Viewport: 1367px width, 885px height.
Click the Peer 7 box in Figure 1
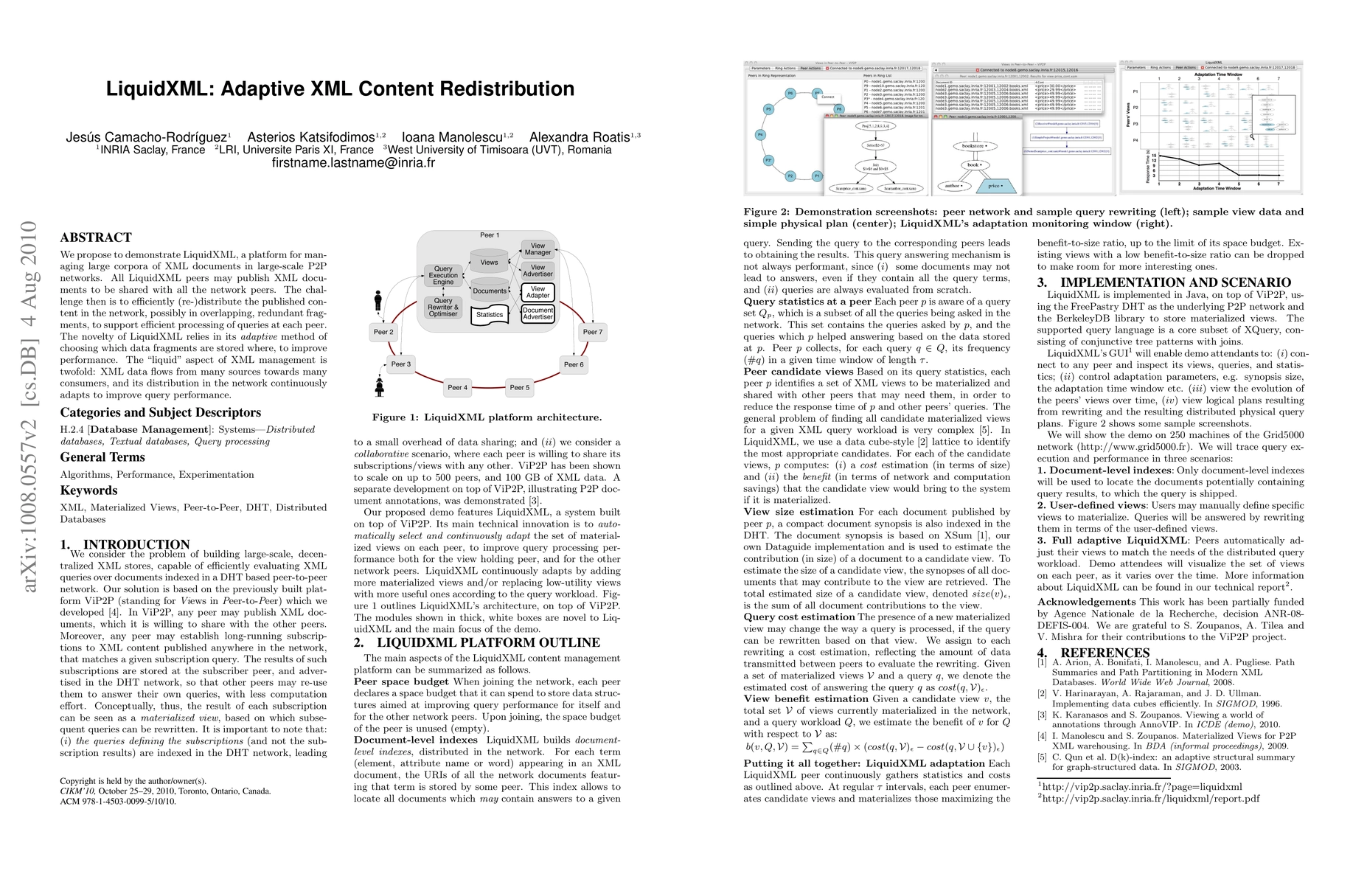pos(593,332)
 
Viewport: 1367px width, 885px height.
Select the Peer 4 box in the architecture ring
pos(457,387)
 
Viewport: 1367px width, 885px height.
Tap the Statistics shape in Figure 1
pos(490,315)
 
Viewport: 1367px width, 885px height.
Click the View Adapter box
pos(538,292)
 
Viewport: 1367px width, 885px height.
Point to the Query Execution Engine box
pos(443,275)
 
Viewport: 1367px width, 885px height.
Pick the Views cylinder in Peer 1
pos(489,262)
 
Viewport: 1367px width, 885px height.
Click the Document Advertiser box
pos(538,313)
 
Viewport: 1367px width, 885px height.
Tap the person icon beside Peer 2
pos(378,301)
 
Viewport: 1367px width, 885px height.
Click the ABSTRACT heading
pos(96,237)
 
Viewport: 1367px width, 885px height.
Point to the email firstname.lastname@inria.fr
pos(353,163)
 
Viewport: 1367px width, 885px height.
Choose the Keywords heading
pos(88,490)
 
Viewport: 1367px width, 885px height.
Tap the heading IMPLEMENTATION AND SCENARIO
pos(1175,282)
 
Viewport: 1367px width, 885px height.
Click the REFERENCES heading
pos(1105,653)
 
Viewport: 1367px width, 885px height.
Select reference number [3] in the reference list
pos(1042,715)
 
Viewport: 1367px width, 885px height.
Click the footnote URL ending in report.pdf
pos(1151,799)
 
